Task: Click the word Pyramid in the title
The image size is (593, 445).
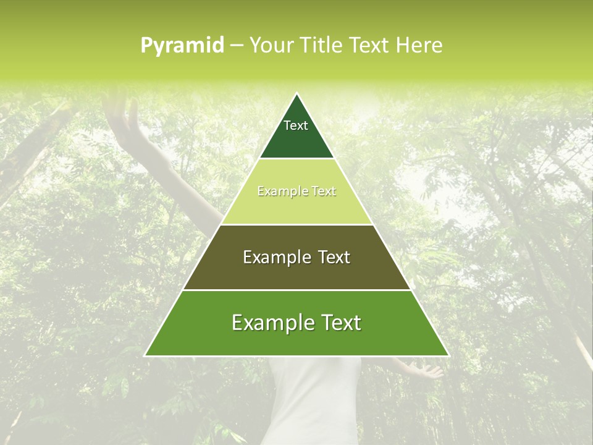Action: [x=182, y=46]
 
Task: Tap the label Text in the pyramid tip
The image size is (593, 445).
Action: [x=296, y=125]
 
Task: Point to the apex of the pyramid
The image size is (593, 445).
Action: [x=296, y=94]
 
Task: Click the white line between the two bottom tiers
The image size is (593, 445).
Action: [x=296, y=290]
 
